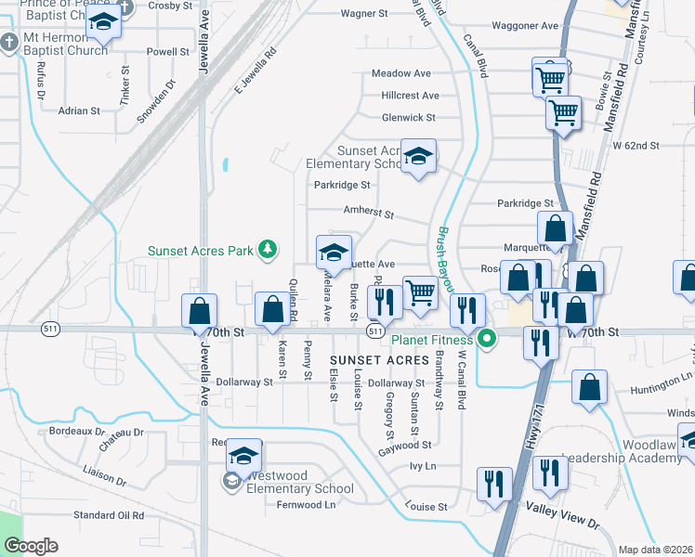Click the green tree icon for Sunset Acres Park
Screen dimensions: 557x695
268,248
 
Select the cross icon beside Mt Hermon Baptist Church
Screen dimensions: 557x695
8,43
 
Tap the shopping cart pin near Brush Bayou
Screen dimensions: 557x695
421,292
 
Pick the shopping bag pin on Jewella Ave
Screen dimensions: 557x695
199,311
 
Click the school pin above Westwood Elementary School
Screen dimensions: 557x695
243,455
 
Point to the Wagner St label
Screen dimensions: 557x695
363,14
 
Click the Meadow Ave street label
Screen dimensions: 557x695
401,73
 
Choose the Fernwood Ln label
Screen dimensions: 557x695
306,504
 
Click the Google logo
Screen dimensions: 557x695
31,546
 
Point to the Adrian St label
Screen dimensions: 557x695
79,110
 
